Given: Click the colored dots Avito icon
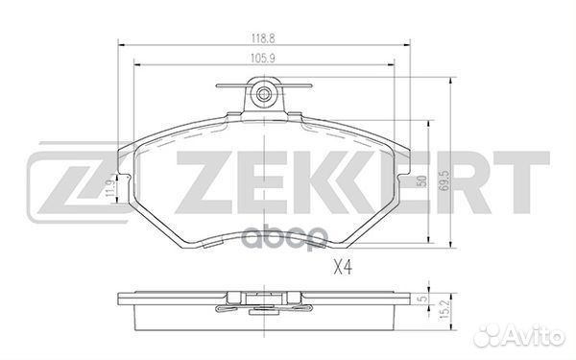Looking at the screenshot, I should (492, 336).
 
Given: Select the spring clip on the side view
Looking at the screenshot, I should (258, 308).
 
